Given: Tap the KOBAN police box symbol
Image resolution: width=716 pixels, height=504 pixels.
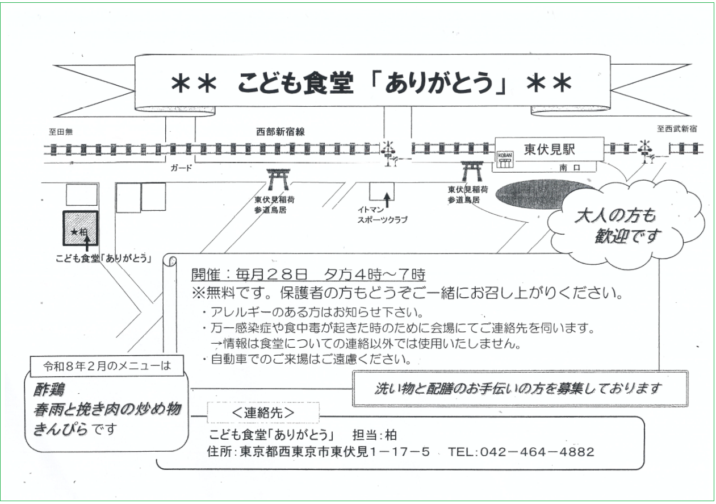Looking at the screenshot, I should (x=505, y=159).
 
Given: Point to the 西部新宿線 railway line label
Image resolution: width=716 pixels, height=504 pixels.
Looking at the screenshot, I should (x=280, y=131).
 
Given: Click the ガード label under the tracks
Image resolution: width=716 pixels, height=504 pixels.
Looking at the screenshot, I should (x=182, y=168).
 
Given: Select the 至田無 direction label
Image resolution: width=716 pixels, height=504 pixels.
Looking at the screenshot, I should (x=60, y=131).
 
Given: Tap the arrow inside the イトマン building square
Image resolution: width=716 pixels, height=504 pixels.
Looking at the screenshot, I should (x=387, y=199).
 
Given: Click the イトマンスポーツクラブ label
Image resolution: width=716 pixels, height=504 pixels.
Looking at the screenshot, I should (x=382, y=214).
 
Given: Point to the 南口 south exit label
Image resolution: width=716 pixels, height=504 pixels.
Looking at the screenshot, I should (x=568, y=168).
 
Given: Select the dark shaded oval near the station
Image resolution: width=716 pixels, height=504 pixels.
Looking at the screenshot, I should (x=537, y=195).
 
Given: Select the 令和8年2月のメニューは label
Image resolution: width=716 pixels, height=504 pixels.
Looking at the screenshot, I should (x=107, y=366).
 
